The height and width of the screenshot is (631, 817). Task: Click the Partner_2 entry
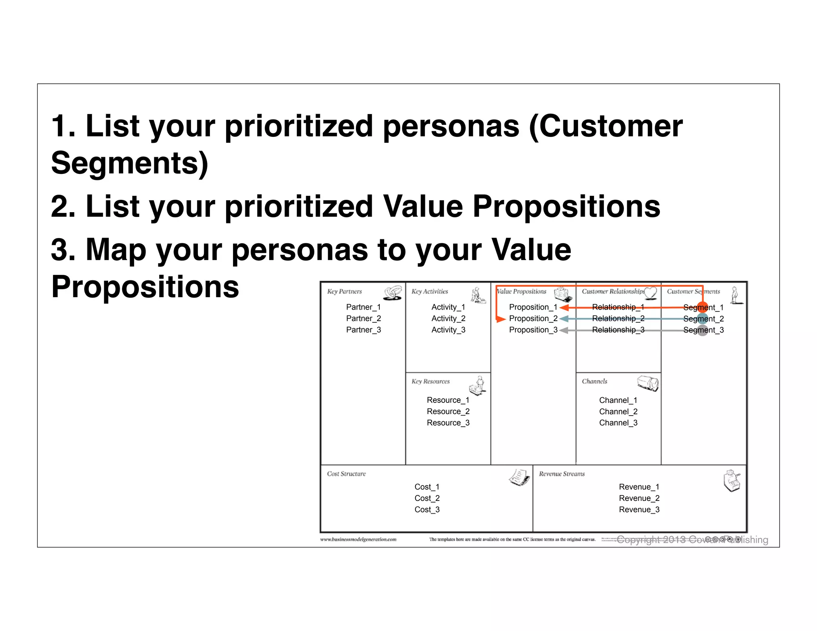tap(363, 318)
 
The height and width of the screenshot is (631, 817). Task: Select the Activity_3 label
tap(448, 330)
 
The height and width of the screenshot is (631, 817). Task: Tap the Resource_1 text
tap(448, 400)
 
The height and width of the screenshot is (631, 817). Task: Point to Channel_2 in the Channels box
tap(618, 412)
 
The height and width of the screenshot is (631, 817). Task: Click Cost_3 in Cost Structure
tap(427, 509)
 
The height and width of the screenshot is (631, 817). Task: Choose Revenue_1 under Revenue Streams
tap(639, 487)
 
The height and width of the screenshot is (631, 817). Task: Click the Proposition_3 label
tap(533, 330)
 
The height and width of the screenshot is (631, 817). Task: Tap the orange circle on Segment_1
tap(703, 308)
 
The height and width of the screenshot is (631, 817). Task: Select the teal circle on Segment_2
tap(703, 319)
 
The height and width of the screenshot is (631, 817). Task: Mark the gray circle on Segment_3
tap(703, 330)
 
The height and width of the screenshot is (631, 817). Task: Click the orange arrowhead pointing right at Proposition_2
tap(501, 319)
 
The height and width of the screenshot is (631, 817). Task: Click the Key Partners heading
tap(344, 292)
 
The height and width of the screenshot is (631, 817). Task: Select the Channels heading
tap(594, 381)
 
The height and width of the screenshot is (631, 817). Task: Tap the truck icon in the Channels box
tap(648, 383)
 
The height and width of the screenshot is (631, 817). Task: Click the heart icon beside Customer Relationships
tap(651, 293)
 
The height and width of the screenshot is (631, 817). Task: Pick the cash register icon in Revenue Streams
tap(732, 481)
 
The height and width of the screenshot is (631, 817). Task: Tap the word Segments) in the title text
tap(130, 163)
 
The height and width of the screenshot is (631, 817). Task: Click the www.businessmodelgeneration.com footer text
tap(358, 539)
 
